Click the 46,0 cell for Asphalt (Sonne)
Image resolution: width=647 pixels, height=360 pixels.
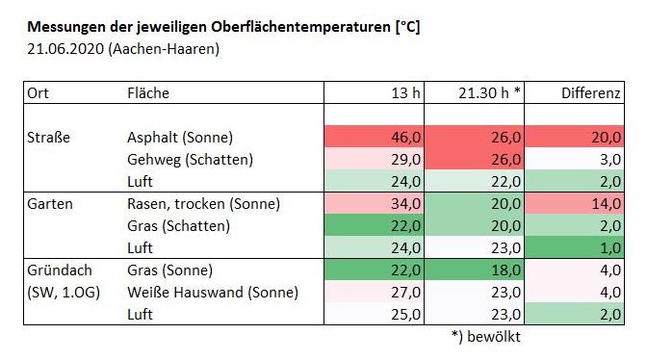(x=405, y=138)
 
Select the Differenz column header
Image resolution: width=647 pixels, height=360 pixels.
(x=591, y=92)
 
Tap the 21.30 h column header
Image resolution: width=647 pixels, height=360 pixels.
(x=489, y=92)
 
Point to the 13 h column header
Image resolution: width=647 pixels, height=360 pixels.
(x=405, y=92)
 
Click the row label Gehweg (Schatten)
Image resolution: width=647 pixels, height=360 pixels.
(x=190, y=160)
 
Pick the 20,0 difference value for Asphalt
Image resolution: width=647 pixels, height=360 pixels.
(x=607, y=138)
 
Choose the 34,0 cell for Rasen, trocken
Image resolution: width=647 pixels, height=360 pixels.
(x=405, y=204)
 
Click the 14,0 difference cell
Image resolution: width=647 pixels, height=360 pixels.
(x=607, y=204)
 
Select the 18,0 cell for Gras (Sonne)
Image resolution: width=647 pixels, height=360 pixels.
(x=505, y=270)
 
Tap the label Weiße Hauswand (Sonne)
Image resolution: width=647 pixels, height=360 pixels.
(x=213, y=293)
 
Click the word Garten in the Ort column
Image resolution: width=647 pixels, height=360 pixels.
(x=50, y=204)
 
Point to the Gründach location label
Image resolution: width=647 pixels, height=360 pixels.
(x=60, y=270)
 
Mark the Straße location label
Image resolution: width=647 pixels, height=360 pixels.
(x=48, y=138)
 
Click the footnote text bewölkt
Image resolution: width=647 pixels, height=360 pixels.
(x=494, y=337)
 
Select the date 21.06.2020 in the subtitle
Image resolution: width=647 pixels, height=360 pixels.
(x=65, y=49)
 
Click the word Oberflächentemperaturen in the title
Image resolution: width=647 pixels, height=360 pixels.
(x=300, y=27)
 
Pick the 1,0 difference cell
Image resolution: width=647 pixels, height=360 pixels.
(x=609, y=248)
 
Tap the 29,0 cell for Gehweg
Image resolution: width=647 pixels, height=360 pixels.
(x=405, y=160)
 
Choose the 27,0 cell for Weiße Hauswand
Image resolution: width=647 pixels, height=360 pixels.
(x=405, y=293)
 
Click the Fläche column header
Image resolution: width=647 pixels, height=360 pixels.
(x=148, y=92)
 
